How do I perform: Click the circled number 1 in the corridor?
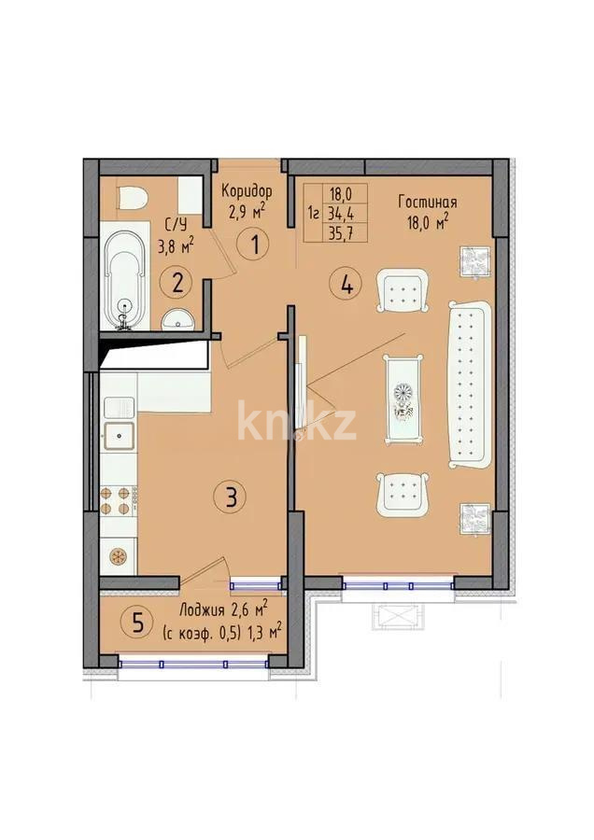tap(252, 246)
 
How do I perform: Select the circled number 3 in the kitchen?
tap(230, 497)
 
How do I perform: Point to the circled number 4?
tap(346, 284)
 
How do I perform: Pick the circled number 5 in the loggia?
tap(138, 623)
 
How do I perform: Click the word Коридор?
tap(247, 190)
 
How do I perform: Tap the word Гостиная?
tap(427, 202)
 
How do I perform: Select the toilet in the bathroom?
tap(132, 199)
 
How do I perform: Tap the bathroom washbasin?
tap(177, 320)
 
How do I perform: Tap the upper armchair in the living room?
tap(403, 291)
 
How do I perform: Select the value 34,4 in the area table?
tap(340, 212)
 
